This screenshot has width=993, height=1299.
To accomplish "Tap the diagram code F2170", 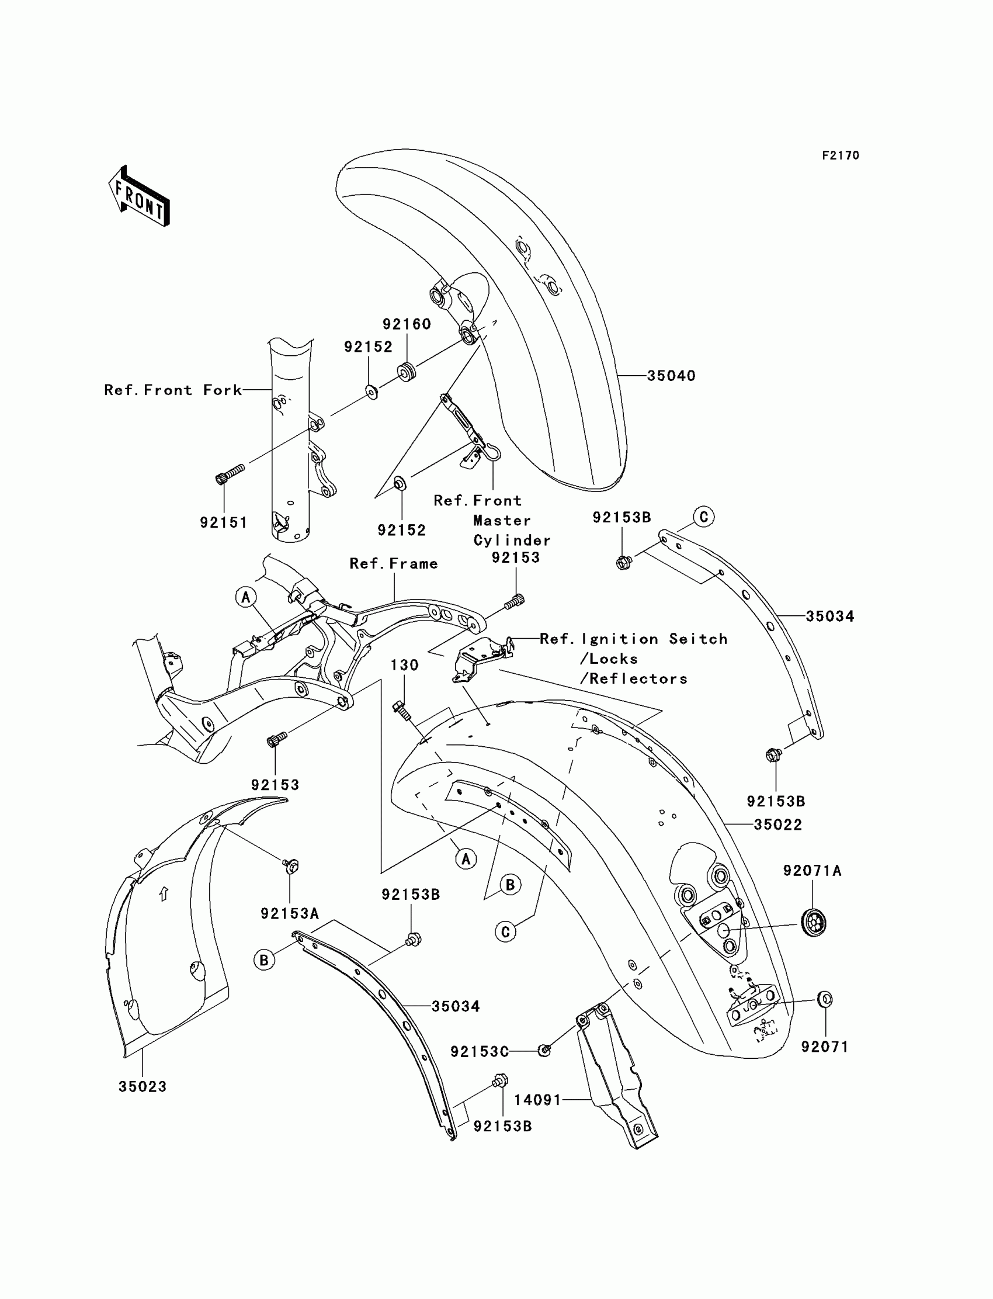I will [840, 155].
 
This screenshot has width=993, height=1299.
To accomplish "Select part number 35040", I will [671, 376].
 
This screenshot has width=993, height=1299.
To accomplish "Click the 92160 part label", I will [407, 324].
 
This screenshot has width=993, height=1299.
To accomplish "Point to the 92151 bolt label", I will [223, 522].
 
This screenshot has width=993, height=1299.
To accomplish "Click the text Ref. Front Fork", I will [172, 390].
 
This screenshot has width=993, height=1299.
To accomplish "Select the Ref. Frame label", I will [394, 563].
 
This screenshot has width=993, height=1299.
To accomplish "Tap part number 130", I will [404, 665].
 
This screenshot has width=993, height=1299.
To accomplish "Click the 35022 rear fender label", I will [777, 825].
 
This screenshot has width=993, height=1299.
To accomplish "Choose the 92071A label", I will [812, 871].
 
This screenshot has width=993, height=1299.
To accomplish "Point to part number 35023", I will [143, 1087].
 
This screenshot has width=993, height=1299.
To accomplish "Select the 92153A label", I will [290, 913].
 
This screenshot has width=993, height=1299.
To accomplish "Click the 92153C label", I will [480, 1052].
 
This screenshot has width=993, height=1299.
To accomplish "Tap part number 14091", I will [537, 1100].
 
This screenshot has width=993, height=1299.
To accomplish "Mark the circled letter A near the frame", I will [246, 597].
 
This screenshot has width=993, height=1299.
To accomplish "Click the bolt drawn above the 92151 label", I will [230, 474].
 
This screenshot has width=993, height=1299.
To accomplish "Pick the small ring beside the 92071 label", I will [826, 1000].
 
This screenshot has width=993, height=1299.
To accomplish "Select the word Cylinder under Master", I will [512, 541].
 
